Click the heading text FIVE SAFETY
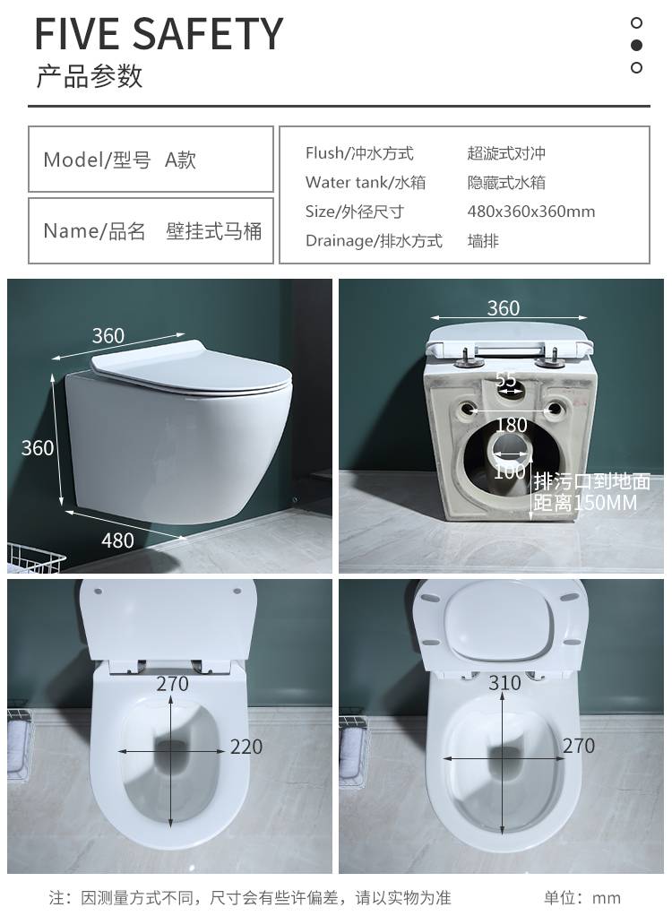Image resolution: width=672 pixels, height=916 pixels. coord(159,34)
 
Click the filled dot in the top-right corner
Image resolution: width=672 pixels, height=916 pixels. coord(636,45)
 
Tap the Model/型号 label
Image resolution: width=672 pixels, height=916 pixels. coord(97,160)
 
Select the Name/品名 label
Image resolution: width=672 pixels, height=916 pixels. coord(94,231)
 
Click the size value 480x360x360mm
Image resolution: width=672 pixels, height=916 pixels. coord(530,212)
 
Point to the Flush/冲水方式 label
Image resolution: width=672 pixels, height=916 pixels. coord(359,153)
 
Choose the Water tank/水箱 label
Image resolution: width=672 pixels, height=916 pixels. coord(366,182)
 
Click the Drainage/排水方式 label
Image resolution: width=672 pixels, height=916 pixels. coord(374,241)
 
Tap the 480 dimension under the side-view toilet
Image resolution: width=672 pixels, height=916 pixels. coord(117,541)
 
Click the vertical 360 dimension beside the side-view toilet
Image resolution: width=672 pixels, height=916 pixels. coord(38,448)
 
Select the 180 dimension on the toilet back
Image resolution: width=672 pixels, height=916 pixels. coord(512,425)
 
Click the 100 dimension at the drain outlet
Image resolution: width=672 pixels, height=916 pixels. coord(510,471)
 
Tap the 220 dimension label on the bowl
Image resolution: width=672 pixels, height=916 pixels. coord(246,747)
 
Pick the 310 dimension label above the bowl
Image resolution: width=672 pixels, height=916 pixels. coord(504,682)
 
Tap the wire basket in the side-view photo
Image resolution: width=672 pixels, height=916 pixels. coord(35,557)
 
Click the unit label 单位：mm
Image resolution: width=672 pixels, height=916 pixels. coord(582,897)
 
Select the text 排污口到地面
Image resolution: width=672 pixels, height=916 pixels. coord(591,481)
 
